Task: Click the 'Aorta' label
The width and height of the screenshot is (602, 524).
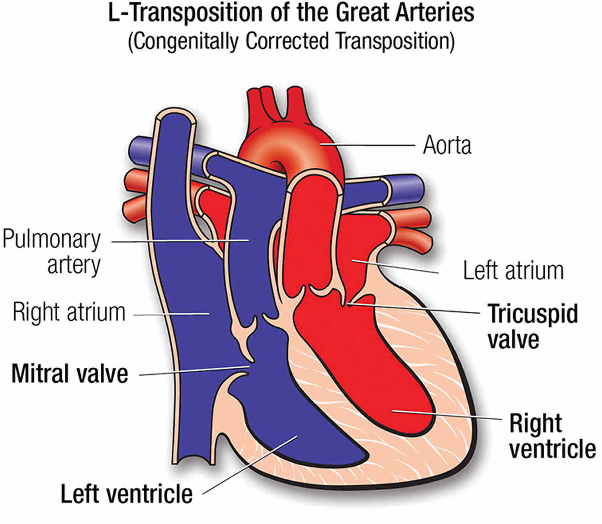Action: (x=447, y=145)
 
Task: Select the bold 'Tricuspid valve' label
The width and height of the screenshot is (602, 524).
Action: (x=532, y=326)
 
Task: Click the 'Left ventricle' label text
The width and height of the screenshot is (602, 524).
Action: (x=126, y=494)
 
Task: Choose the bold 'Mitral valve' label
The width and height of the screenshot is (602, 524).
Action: (x=70, y=374)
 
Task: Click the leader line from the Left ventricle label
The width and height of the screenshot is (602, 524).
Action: (x=249, y=465)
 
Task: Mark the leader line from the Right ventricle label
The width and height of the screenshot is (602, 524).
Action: (x=445, y=415)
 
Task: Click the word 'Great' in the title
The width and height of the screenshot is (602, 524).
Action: (x=361, y=14)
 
